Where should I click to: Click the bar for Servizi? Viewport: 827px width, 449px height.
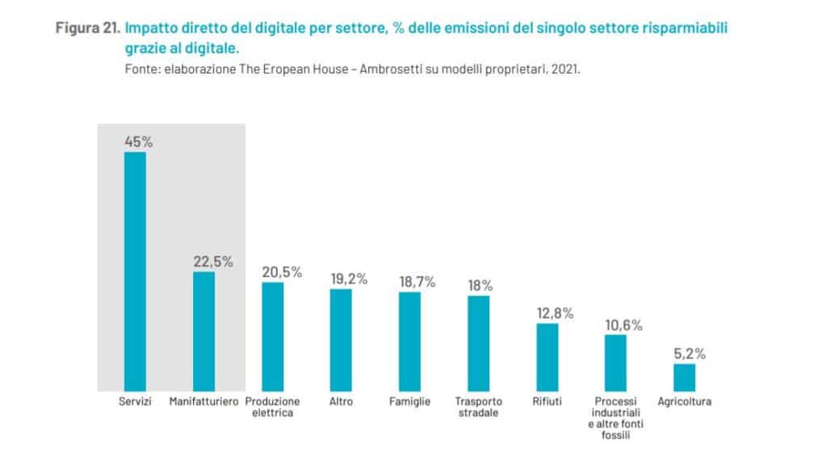tap(135, 271)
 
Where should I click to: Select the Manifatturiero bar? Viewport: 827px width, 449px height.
tap(204, 331)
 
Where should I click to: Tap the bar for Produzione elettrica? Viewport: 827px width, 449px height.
tap(273, 337)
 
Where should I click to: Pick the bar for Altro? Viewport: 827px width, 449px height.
tap(341, 340)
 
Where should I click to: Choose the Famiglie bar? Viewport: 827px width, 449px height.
tap(409, 342)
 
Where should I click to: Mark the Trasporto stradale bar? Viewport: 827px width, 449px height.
tap(479, 343)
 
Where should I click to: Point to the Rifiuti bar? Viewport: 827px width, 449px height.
tap(547, 357)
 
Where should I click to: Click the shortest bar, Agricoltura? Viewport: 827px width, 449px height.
tap(684, 377)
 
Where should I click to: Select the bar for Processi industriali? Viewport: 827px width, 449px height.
tap(615, 363)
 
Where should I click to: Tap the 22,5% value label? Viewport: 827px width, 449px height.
tap(213, 262)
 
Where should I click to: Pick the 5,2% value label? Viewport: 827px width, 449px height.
tap(690, 354)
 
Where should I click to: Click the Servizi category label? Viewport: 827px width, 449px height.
tap(135, 401)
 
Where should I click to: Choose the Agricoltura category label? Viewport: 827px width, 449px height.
tap(684, 401)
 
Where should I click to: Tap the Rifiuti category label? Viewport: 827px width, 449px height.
tap(547, 401)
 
